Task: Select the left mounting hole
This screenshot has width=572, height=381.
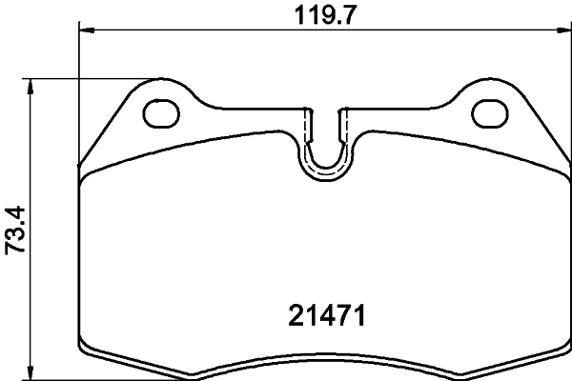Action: (x=160, y=112)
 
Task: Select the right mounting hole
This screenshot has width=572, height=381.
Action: (x=490, y=112)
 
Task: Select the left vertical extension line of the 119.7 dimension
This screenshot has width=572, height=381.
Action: (x=77, y=95)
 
